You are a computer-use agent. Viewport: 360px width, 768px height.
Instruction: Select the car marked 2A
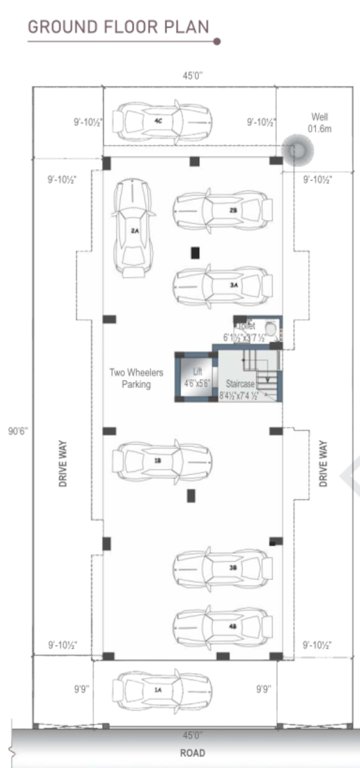133,229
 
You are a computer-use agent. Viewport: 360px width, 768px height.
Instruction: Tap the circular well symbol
297,150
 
